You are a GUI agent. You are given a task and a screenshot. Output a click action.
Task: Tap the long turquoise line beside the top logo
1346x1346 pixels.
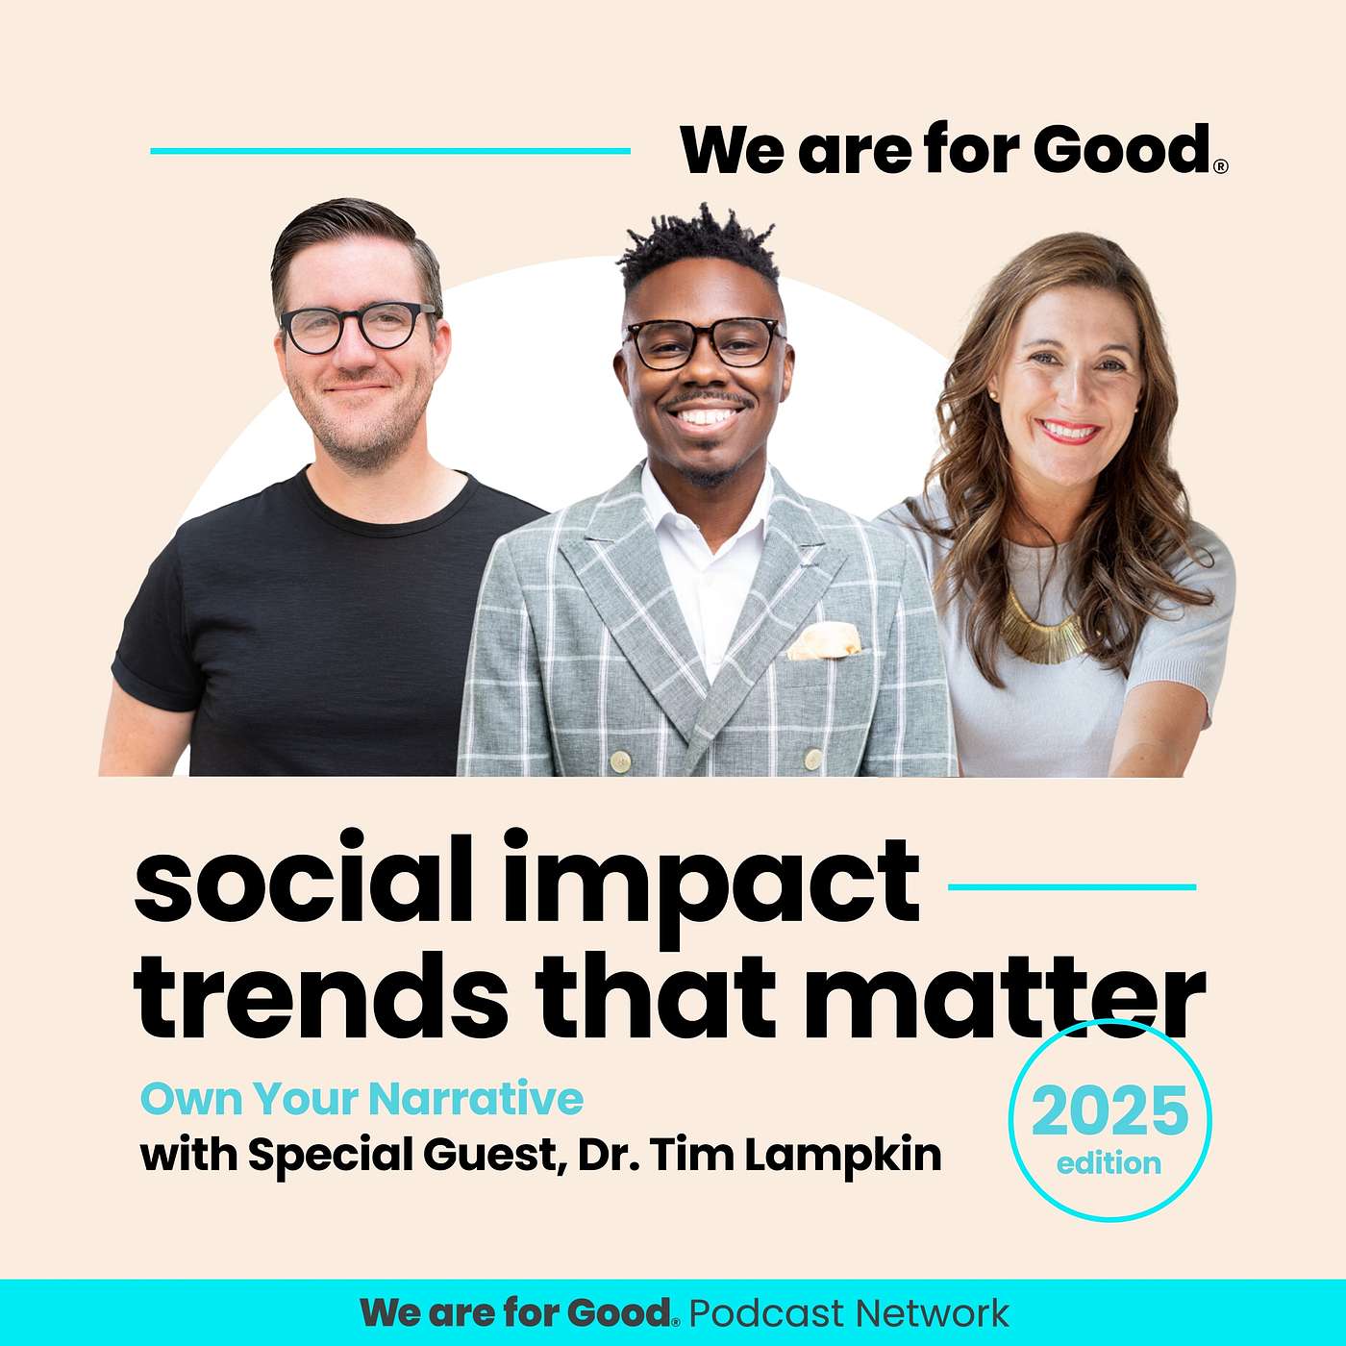(390, 151)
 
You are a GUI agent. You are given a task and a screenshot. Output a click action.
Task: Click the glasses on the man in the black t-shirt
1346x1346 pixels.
(357, 326)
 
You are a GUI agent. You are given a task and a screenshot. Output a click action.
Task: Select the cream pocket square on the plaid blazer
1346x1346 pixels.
(824, 640)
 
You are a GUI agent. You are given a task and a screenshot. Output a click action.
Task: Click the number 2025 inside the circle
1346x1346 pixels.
(1109, 1111)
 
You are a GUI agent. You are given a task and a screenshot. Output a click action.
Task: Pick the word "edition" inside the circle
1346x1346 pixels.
(1109, 1163)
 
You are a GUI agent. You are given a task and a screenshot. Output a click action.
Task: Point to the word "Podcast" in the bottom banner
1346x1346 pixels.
(767, 1313)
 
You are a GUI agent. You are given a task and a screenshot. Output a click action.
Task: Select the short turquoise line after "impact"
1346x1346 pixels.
(1072, 887)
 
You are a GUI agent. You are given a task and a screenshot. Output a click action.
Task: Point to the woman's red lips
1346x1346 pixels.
(1069, 431)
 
